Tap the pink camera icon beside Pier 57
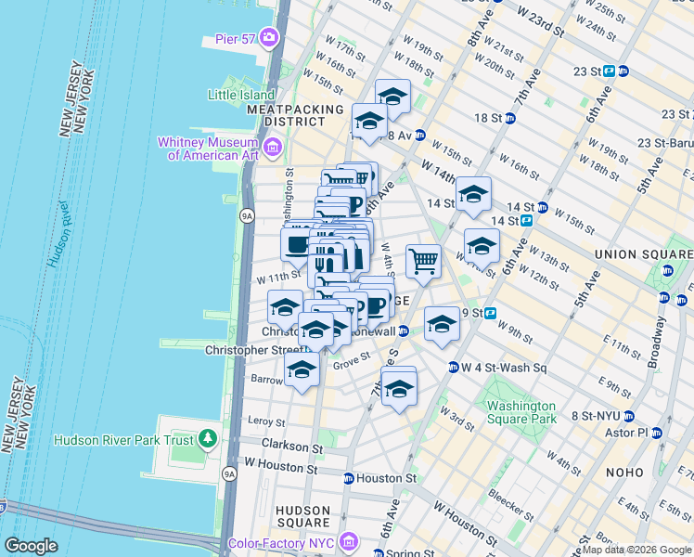point(270,38)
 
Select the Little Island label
point(241,95)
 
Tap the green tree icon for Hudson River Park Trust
point(209,438)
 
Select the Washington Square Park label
point(522,412)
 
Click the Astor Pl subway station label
point(626,433)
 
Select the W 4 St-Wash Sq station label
point(501,367)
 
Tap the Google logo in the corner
point(31,546)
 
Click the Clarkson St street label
point(291,447)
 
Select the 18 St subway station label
point(487,118)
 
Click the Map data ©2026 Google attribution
point(636,550)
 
